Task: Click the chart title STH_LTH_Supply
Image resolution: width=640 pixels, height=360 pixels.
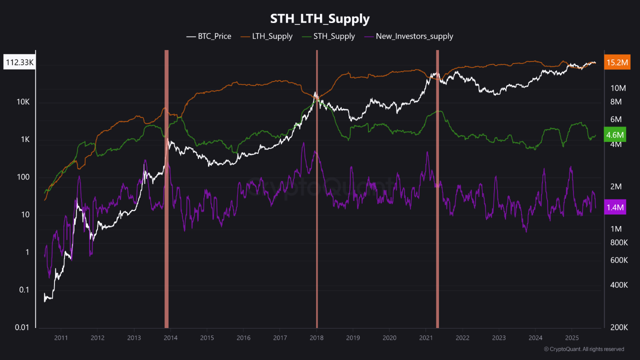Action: pyautogui.click(x=320, y=19)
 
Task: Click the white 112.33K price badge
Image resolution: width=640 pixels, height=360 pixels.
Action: pyautogui.click(x=19, y=62)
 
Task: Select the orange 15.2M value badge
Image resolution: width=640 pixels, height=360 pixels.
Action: pyautogui.click(x=616, y=62)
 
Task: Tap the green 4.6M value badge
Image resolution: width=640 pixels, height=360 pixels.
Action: pyautogui.click(x=614, y=135)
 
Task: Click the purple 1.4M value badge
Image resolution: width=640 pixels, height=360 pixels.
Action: pyautogui.click(x=614, y=206)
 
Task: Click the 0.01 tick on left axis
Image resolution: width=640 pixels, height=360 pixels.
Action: pyautogui.click(x=21, y=327)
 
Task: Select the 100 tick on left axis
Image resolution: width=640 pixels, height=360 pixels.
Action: pyautogui.click(x=23, y=177)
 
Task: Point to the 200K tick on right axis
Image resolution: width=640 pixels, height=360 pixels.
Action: pyautogui.click(x=618, y=327)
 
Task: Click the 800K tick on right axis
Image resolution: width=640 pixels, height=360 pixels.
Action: pyautogui.click(x=618, y=242)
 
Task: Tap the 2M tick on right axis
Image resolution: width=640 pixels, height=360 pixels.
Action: pyautogui.click(x=615, y=186)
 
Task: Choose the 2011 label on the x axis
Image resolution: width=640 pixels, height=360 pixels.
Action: pyautogui.click(x=61, y=338)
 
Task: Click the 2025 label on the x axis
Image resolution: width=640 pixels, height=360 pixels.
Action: pyautogui.click(x=572, y=338)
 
